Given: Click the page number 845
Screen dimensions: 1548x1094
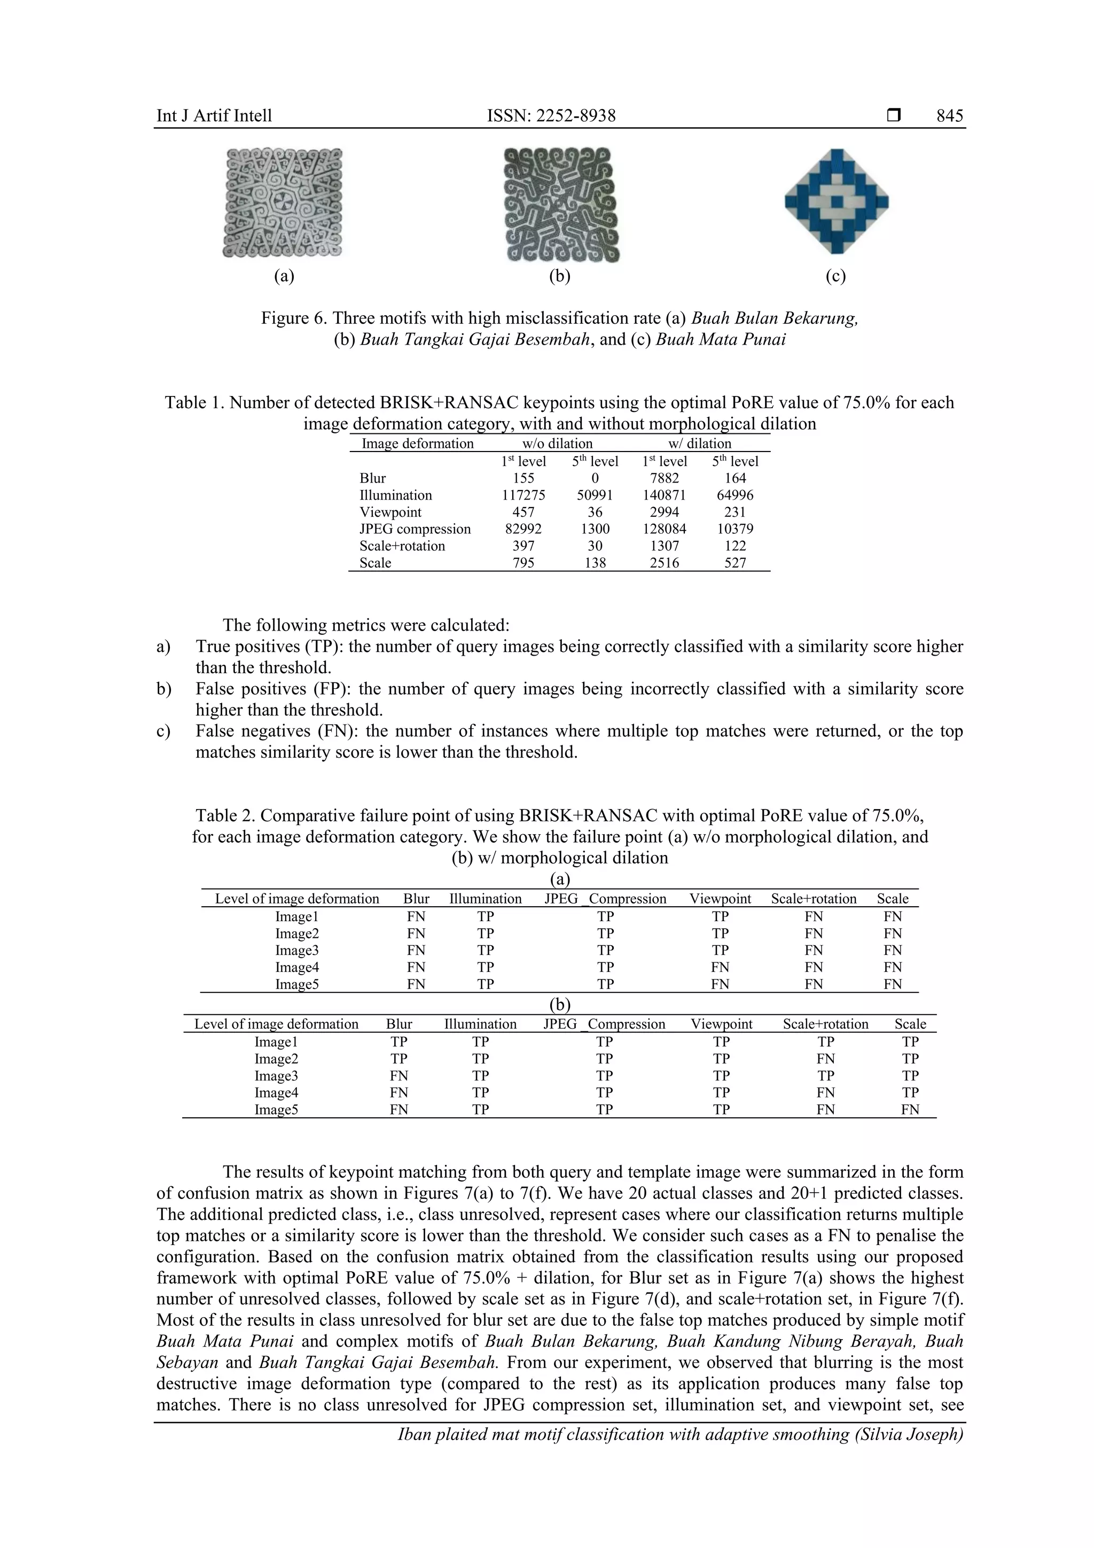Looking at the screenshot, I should pyautogui.click(x=949, y=116).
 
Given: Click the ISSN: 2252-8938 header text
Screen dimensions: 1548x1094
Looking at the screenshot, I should pyautogui.click(x=551, y=116).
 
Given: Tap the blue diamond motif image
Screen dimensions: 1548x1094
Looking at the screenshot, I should pyautogui.click(x=837, y=201).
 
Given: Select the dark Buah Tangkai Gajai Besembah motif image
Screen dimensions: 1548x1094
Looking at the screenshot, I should pyautogui.click(x=561, y=205).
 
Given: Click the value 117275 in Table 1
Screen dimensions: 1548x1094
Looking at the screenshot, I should pyautogui.click(x=523, y=495).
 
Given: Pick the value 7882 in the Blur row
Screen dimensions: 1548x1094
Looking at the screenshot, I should pyautogui.click(x=664, y=478).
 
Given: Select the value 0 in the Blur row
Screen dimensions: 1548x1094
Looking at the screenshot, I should pyautogui.click(x=595, y=478).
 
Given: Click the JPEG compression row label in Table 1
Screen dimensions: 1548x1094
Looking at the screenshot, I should pyautogui.click(x=415, y=529).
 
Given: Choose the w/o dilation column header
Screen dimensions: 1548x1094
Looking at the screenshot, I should pyautogui.click(x=558, y=444).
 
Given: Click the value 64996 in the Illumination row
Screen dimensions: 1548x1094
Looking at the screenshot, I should pyautogui.click(x=734, y=495).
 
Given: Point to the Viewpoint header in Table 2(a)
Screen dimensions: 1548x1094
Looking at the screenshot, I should pyautogui.click(x=720, y=899).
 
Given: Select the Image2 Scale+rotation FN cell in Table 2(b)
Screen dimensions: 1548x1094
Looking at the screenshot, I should pyautogui.click(x=825, y=1059).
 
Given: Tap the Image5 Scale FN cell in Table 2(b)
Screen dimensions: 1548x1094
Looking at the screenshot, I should pyautogui.click(x=910, y=1110).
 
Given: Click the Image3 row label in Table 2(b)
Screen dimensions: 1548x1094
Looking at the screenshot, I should pyautogui.click(x=276, y=1076).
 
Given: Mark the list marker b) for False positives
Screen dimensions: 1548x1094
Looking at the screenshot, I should pyautogui.click(x=163, y=689).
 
